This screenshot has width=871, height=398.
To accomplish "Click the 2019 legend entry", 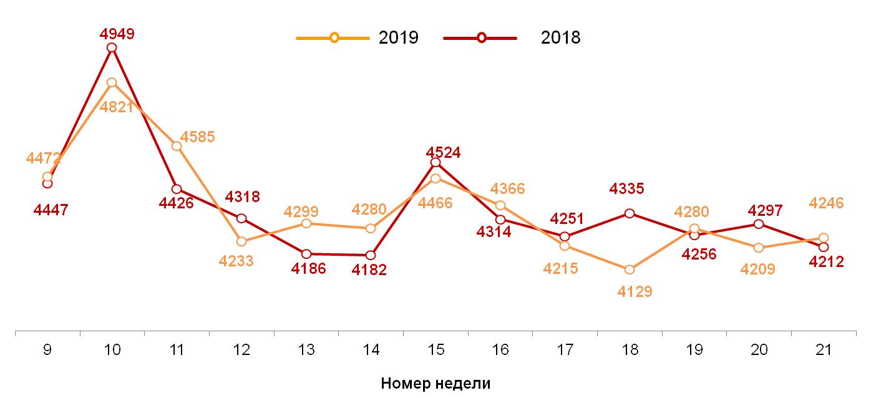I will coord(357,38).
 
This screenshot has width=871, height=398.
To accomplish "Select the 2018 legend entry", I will coord(512,38).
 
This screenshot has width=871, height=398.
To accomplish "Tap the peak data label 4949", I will coord(117,34).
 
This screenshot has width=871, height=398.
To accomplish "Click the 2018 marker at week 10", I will coord(112,47).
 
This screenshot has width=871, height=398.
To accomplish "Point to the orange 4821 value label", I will coord(117,107).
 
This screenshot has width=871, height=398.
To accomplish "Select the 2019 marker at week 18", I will coord(630,269).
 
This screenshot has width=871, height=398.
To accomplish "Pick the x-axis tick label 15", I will coord(435,350).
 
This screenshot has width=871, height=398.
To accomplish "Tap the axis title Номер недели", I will coord(435,384).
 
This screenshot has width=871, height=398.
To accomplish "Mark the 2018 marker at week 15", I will coord(435,162).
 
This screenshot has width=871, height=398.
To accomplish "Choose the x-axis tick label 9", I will coord(47,350).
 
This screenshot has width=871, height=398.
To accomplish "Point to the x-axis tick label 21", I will coord(824,350).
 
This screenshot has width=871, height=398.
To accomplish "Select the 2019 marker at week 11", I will coord(177,146).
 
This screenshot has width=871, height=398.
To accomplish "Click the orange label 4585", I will coord(197,137).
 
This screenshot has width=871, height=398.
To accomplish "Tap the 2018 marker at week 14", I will coord(371,255).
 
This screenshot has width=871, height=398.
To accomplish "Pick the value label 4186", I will coord(309,269).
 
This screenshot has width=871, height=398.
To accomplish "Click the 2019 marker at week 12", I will coord(241,241).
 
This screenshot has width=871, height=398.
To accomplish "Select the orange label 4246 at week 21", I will coord(826,203).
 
